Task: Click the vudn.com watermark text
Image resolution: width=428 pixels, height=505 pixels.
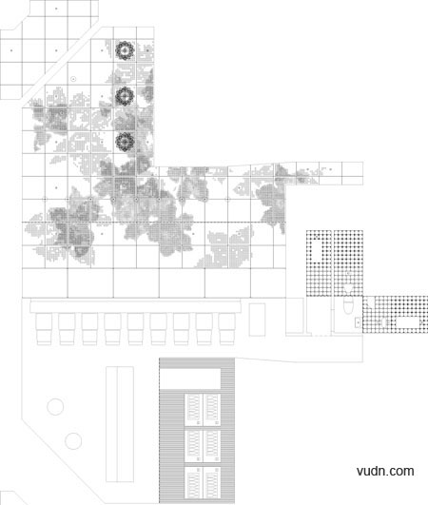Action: [385, 471]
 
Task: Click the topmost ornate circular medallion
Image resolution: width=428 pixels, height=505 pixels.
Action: [125, 50]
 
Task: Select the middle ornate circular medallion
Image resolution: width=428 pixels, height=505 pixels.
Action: [125, 96]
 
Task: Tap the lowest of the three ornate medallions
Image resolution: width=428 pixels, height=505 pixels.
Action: [125, 142]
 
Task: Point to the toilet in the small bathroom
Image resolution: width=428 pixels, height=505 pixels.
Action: [348, 305]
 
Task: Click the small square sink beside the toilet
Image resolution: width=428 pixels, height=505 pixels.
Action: [358, 322]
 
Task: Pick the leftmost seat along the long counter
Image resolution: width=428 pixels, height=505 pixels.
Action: [44, 329]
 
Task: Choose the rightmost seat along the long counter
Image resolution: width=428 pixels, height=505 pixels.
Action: [226, 329]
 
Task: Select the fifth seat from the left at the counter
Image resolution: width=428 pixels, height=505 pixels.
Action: [135, 329]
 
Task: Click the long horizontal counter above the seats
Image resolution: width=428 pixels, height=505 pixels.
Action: [135, 305]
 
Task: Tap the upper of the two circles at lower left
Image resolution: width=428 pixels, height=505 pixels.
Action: [55, 407]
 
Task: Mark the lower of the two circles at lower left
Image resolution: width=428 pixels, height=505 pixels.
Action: [73, 441]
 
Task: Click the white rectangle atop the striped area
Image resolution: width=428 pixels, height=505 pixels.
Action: [190, 379]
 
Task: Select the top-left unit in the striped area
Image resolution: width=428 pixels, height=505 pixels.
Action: [193, 410]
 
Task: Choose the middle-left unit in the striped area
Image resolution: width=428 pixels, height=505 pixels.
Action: [193, 446]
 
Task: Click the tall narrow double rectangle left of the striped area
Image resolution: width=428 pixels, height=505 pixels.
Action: [120, 424]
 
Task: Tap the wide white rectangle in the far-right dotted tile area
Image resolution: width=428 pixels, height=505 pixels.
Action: [408, 322]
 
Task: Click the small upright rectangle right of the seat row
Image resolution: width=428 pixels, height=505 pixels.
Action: [257, 320]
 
